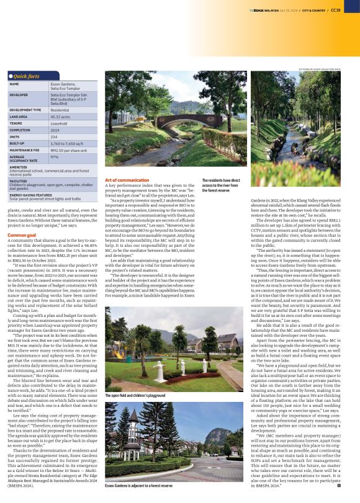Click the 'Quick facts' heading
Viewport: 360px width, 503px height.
(27, 76)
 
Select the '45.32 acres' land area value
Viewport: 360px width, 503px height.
(60, 116)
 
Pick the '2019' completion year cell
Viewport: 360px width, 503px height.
(55, 130)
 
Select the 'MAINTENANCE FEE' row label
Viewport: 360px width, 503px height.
(25, 149)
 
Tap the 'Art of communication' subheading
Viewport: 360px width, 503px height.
(127, 179)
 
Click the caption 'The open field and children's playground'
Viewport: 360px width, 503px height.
(135, 394)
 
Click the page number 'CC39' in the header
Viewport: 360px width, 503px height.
(335, 10)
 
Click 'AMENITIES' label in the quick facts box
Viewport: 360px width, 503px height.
(18, 167)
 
